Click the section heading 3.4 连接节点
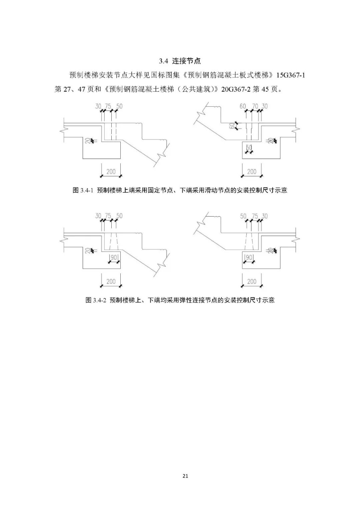click(180, 61)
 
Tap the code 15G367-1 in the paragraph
click(289, 75)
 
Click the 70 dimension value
click(255, 106)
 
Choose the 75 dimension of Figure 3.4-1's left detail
click(108, 106)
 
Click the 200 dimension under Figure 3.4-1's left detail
click(111, 172)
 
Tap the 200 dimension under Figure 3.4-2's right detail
click(252, 281)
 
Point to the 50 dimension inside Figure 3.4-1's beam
click(249, 148)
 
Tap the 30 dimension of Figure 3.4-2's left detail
click(98, 216)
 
